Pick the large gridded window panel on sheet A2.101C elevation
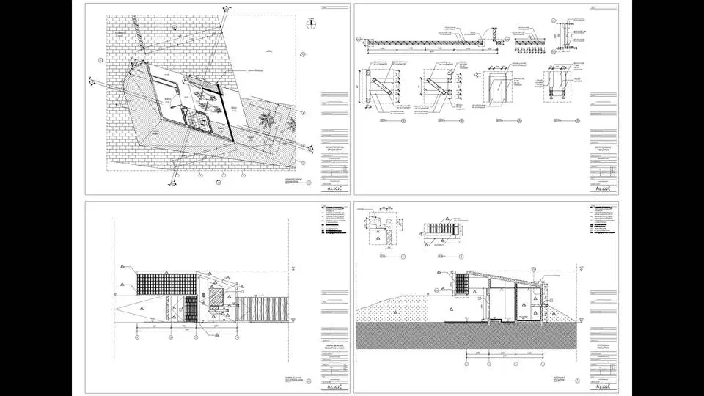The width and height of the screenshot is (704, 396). [x=155, y=284]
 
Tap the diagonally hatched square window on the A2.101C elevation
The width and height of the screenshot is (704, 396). [x=218, y=297]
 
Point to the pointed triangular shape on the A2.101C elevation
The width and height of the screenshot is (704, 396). [x=132, y=308]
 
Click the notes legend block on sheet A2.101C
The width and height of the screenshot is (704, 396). [x=333, y=221]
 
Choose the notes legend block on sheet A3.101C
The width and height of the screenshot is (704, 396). [x=604, y=221]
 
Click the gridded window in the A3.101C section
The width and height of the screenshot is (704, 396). [x=463, y=284]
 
